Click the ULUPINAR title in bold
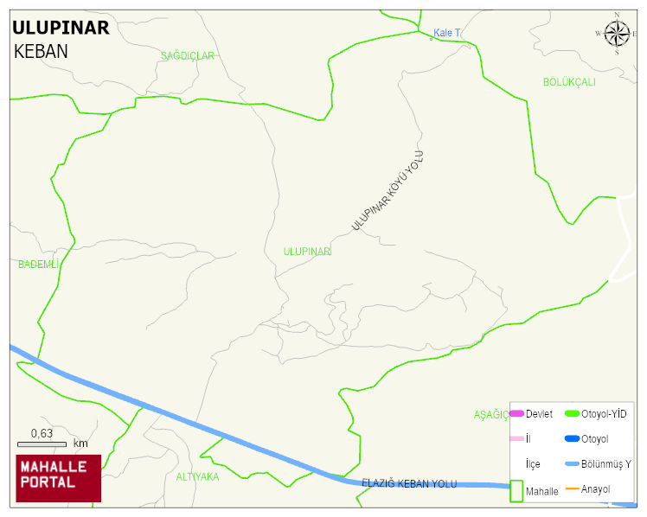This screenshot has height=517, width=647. click(x=61, y=28)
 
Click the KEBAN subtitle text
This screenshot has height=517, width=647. click(x=41, y=51)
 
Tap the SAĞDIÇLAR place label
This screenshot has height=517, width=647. click(x=187, y=56)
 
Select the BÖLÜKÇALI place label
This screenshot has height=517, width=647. click(x=569, y=82)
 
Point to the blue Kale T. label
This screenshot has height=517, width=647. click(x=446, y=33)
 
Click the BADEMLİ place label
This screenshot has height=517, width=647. click(x=38, y=265)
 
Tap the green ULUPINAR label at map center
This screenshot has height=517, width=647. click(x=307, y=252)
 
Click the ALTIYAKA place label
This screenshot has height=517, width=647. click(x=197, y=476)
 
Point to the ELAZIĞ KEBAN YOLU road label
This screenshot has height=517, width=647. click(x=408, y=483)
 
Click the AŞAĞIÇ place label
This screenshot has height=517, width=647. click(x=490, y=415)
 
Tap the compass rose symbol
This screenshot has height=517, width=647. click(x=617, y=34)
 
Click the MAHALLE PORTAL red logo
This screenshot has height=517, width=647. click(x=59, y=478)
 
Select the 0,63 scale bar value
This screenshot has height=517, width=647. click(x=42, y=433)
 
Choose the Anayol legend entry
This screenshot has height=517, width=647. click(x=595, y=489)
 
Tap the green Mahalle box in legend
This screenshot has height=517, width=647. click(x=516, y=490)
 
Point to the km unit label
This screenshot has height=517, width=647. click(x=80, y=444)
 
